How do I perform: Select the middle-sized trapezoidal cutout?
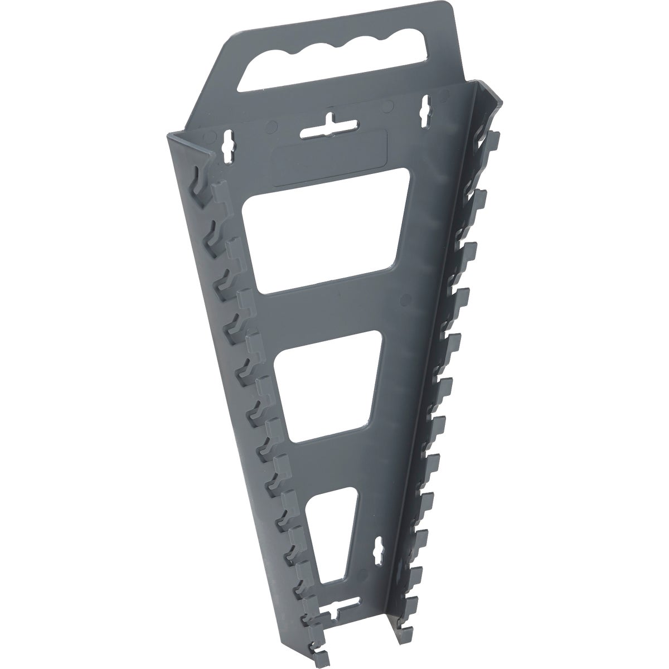pos(329,385)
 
